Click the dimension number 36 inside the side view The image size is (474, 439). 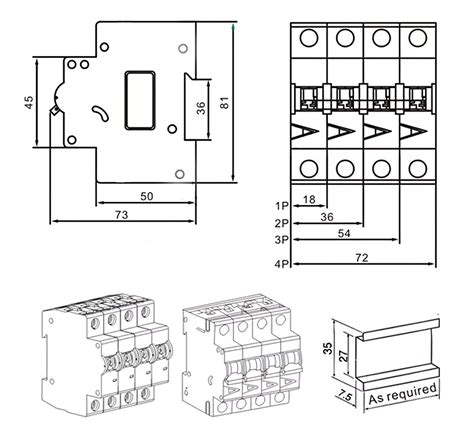point(200,110)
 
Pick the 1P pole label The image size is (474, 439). point(282,205)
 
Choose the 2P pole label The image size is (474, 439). point(282,223)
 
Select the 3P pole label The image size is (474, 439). point(282,241)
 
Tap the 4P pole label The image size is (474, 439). point(282,264)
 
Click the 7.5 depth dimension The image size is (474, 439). point(346,395)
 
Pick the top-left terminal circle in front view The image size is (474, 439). point(308,39)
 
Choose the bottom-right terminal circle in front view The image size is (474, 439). point(412,167)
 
